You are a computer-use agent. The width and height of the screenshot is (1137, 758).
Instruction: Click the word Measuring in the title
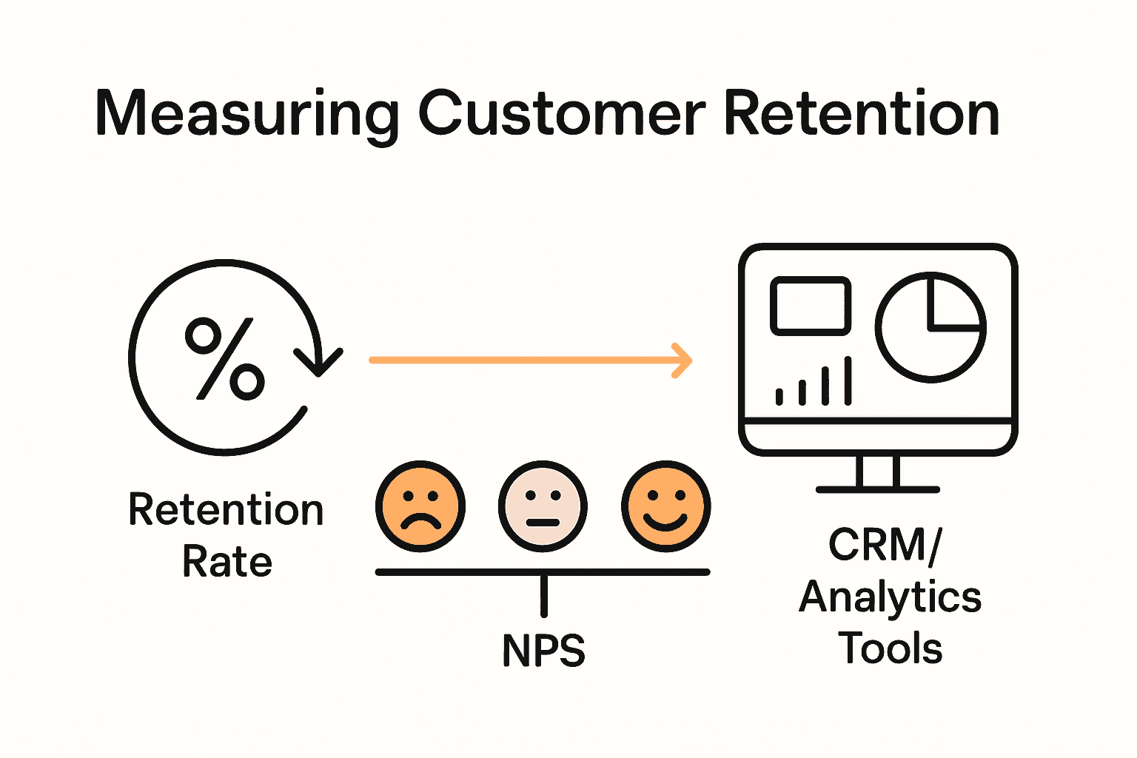coord(247,115)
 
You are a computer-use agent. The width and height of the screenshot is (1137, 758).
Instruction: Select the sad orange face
coord(420,507)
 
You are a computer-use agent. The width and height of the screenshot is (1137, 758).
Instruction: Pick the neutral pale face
coord(543,507)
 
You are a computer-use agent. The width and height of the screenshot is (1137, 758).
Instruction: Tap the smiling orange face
coord(665,507)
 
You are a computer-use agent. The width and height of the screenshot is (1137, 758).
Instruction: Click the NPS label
coord(543,651)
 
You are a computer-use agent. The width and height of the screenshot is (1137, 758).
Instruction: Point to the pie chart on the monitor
coord(930,326)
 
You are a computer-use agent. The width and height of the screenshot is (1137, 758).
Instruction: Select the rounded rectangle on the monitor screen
coord(811,306)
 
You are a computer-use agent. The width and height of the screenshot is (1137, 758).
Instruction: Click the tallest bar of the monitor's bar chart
coord(848,380)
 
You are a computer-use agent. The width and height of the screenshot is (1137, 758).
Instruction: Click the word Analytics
coord(891,597)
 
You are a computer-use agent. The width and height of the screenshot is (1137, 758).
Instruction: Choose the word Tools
coord(891,648)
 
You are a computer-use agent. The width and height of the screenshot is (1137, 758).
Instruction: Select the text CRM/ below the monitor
coord(885,545)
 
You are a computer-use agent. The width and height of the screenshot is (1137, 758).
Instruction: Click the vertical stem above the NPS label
coord(544,595)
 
